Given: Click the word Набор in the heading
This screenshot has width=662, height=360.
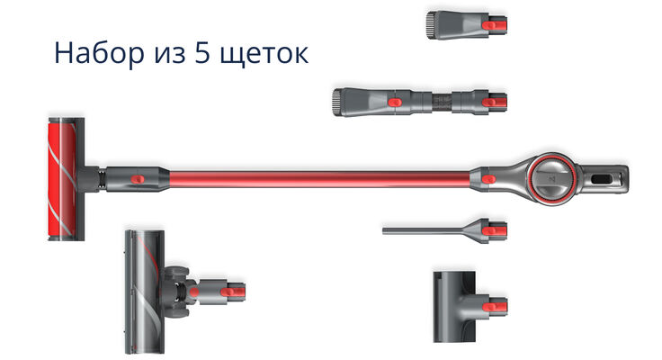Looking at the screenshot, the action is [x=99, y=52].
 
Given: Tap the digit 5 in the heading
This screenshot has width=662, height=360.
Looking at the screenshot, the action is [x=202, y=53].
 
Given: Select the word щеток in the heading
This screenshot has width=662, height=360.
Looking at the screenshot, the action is [x=264, y=55].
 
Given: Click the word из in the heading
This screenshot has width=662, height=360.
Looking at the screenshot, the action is [x=169, y=55].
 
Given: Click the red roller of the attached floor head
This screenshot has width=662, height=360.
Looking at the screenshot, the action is [x=62, y=179].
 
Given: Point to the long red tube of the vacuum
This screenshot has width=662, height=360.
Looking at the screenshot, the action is [x=319, y=179].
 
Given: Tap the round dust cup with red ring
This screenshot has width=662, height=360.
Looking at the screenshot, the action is [x=553, y=179].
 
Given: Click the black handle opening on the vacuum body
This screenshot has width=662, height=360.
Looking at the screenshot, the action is [x=602, y=179].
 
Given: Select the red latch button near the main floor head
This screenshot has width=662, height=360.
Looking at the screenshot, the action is [x=138, y=179].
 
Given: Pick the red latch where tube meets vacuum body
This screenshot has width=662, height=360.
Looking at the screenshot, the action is [x=489, y=179].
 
